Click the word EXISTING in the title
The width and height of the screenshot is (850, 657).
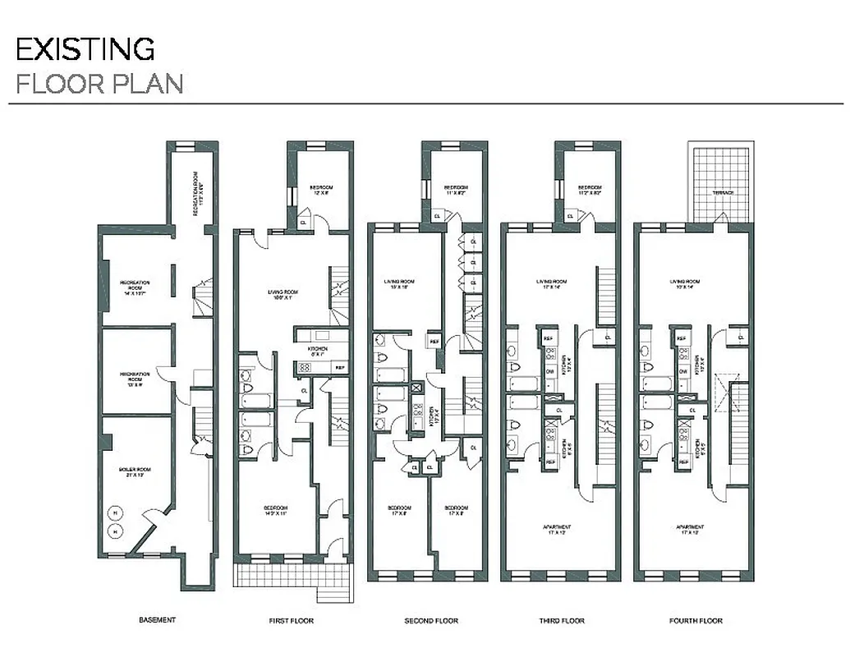[x=85, y=49]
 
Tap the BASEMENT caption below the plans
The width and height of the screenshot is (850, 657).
[x=157, y=620]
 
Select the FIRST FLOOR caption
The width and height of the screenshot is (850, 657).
[x=291, y=620]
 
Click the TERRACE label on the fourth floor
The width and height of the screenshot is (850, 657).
[x=723, y=192]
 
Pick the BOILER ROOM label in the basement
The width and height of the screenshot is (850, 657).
[x=136, y=471]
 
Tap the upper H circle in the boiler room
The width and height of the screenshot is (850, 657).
[x=115, y=513]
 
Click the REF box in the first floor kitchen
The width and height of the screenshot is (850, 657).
[x=339, y=368]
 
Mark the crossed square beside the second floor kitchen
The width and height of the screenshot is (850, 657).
[x=416, y=388]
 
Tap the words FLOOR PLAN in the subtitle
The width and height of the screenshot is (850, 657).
[x=99, y=84]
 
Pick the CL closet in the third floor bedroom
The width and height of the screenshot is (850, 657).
[x=570, y=216]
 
